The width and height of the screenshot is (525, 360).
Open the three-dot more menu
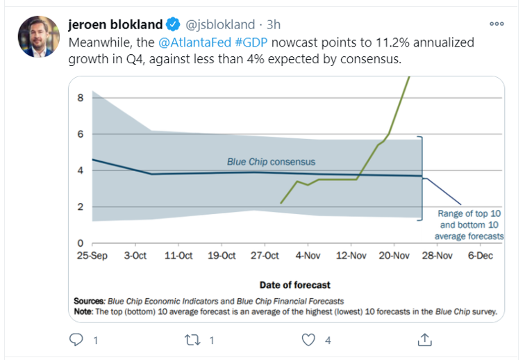[x=496, y=23]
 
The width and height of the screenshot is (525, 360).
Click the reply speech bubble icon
[x=77, y=340]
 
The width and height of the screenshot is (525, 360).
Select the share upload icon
[x=424, y=340]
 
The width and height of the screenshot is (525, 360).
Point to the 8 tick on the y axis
[x=80, y=98]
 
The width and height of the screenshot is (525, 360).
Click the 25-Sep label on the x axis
[x=92, y=256]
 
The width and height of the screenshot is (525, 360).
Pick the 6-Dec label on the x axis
[x=480, y=256]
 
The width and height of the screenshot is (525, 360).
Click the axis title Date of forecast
[x=295, y=285]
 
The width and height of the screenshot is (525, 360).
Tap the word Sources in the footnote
[x=89, y=301]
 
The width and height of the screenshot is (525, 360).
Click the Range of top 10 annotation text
[x=469, y=215]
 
